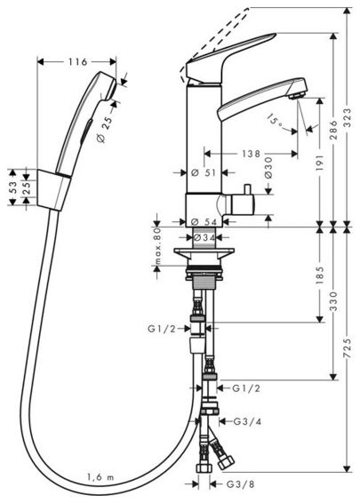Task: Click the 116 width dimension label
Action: point(77,61)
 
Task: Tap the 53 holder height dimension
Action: point(12,188)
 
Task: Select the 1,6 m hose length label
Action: point(100,477)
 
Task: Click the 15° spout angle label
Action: point(276,121)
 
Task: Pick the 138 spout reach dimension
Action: point(251,154)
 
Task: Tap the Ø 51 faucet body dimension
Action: point(203,173)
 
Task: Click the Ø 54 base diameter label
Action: point(204,221)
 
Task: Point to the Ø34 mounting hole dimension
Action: point(204,237)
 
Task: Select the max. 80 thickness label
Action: point(157,246)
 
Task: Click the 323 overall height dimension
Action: point(347,117)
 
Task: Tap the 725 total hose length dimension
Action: point(347,348)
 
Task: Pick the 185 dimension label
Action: point(320,275)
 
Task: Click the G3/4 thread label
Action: point(247,421)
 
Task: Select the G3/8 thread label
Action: point(240,484)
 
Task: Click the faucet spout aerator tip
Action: point(296,95)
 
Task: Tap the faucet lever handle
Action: point(229,58)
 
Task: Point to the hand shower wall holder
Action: point(53,189)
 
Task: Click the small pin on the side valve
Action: point(247,189)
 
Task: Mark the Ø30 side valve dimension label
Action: point(268,167)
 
